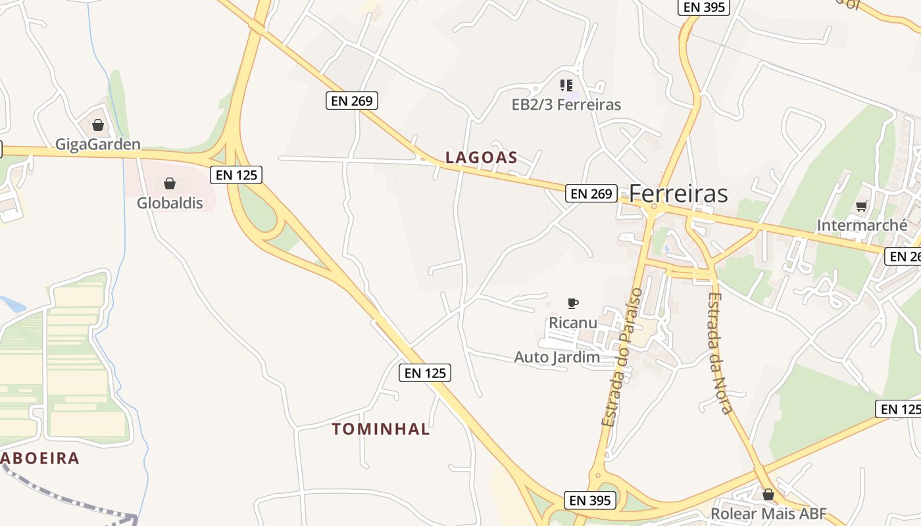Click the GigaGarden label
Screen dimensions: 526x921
coord(98,145)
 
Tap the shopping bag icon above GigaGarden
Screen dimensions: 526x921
coord(98,125)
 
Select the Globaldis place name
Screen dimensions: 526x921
coord(170,203)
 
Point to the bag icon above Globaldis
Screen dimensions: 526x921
coord(170,183)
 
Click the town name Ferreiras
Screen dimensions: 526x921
coord(678,194)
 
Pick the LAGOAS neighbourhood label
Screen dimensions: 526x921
coord(482,158)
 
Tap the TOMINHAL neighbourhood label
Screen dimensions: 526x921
coord(381,429)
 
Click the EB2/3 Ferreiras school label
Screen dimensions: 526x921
coord(566,105)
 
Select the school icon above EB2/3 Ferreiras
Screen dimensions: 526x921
coord(566,85)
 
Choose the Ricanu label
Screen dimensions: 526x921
coord(573,323)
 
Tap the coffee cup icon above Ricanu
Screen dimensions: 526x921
coord(573,303)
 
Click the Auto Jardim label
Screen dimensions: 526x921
coord(557,358)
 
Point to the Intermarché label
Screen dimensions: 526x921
coord(862,226)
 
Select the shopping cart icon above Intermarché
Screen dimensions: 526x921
coord(862,206)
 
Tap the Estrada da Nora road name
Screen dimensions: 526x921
coord(720,352)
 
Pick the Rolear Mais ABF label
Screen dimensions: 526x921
coord(768,514)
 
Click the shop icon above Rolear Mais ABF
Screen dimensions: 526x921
coord(768,494)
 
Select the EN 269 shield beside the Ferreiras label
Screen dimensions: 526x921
coord(591,193)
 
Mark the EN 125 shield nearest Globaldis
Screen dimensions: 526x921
coord(236,175)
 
